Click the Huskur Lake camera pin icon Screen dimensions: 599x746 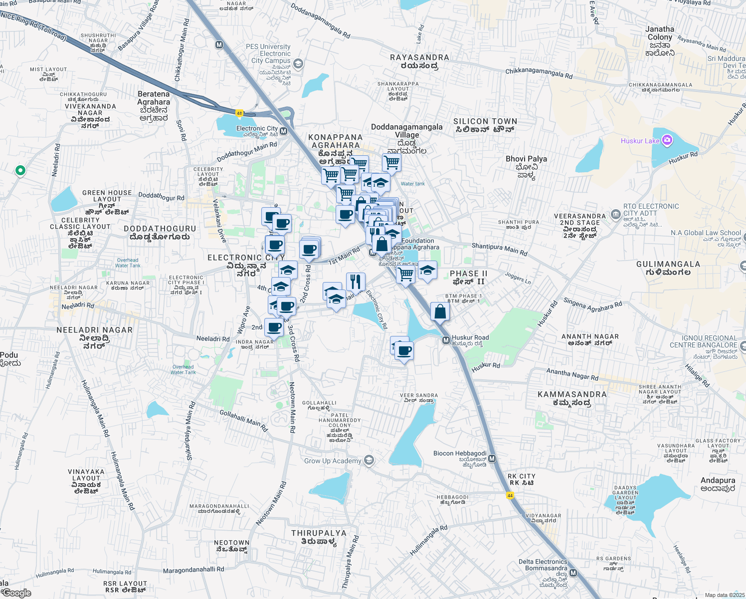point(667,141)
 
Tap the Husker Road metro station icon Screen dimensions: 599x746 point(446,340)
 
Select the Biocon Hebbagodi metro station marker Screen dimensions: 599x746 point(492,459)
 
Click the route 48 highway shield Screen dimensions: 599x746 point(239,113)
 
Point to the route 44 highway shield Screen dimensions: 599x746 point(510,496)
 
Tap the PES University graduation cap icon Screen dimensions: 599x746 point(298,63)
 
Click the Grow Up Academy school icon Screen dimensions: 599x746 point(369,460)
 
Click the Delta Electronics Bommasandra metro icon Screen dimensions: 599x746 point(573,573)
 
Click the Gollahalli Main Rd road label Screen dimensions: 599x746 point(244,421)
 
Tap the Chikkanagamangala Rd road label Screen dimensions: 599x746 point(539,73)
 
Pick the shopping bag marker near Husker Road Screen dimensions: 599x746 point(440,312)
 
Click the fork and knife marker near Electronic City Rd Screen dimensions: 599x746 point(355,282)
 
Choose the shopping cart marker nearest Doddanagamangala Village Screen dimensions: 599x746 point(391,162)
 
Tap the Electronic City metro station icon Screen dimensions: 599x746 point(283,131)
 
